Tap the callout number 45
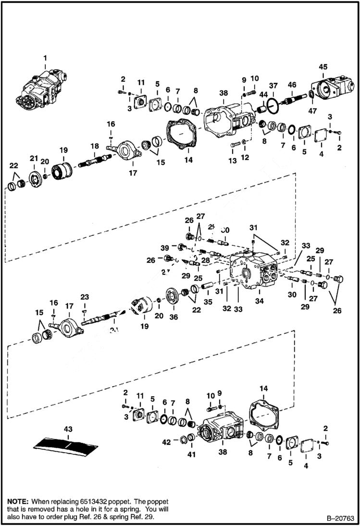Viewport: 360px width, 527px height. [x=323, y=67]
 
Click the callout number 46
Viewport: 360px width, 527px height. [x=292, y=85]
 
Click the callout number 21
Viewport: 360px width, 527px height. [x=34, y=158]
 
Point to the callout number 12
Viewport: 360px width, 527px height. [x=246, y=158]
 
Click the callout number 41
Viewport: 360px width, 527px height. [x=192, y=454]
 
